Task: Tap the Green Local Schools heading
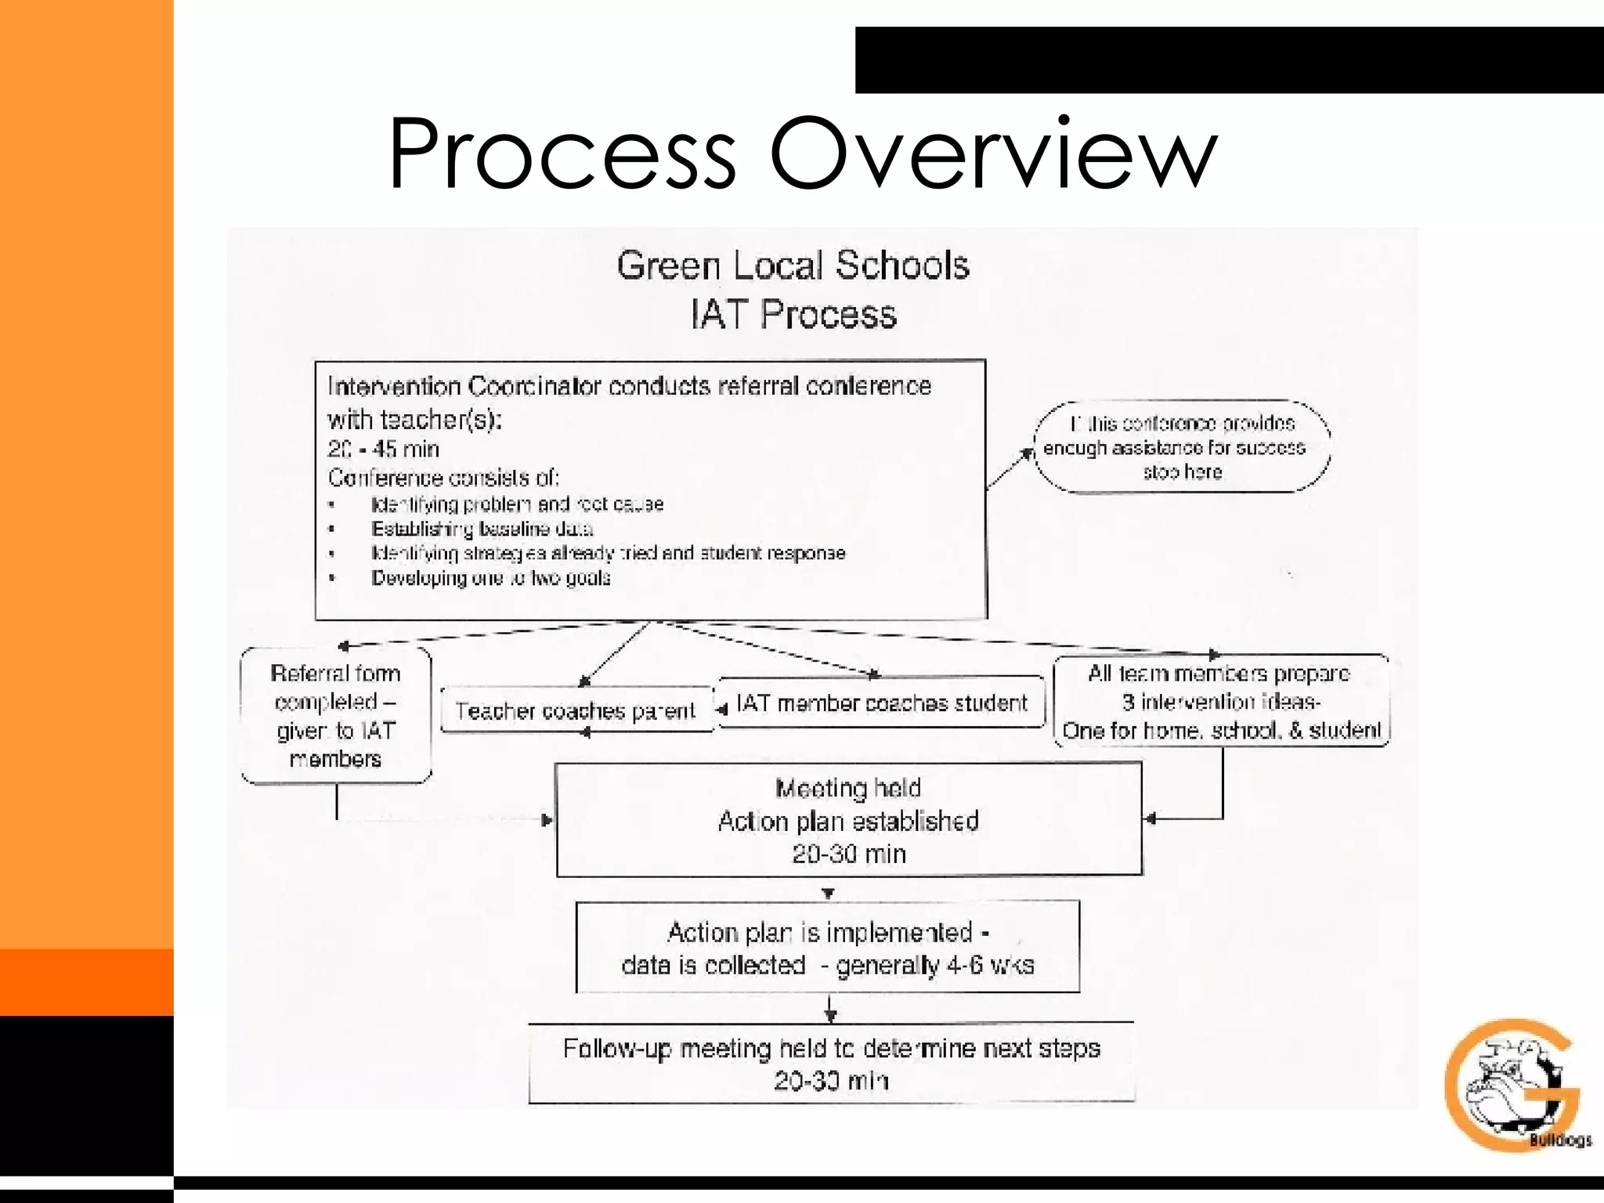(793, 266)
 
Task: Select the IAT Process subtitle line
(793, 315)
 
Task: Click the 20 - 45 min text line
(384, 450)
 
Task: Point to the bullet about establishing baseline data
(482, 529)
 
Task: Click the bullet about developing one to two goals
(490, 579)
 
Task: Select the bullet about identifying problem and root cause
(517, 504)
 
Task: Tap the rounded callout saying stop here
(1182, 448)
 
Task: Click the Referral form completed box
(336, 715)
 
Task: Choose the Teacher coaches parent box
(576, 710)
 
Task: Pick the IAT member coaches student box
(881, 703)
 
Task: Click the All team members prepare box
(1220, 702)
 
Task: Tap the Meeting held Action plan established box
(848, 820)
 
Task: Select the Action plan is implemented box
(827, 948)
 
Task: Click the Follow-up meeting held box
(831, 1064)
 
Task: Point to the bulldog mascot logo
(1512, 1085)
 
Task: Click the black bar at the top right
(1228, 60)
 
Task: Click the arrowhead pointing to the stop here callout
(1028, 453)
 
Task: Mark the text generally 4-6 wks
(935, 966)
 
